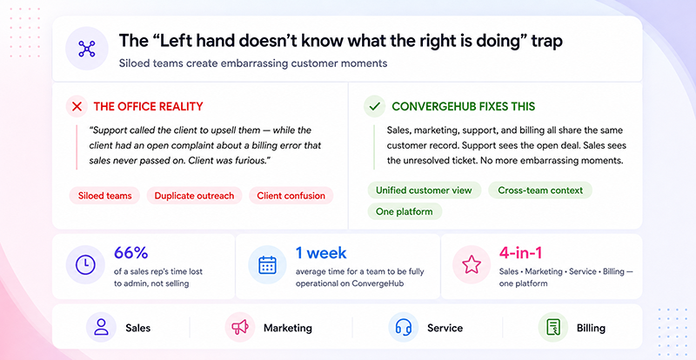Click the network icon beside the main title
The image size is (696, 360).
(87, 49)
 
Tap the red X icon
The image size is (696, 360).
(77, 107)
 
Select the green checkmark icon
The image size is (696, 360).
(375, 107)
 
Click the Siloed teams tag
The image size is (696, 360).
(104, 196)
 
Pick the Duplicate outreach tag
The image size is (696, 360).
(194, 196)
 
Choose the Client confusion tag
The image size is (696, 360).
(291, 196)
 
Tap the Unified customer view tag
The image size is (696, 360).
(424, 190)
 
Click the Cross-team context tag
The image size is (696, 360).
(540, 190)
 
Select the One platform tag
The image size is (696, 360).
(405, 211)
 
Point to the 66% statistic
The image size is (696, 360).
(131, 253)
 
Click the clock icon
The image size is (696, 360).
(85, 265)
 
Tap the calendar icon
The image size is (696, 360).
(267, 265)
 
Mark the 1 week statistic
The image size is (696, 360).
(321, 253)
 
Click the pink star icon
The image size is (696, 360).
(472, 265)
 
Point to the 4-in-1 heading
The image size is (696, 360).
(520, 253)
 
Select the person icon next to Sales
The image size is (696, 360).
(101, 328)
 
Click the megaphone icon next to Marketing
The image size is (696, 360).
(240, 328)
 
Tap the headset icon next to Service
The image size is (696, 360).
(404, 328)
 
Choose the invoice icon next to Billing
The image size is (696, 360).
(553, 328)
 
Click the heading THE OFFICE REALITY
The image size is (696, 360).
(148, 107)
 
